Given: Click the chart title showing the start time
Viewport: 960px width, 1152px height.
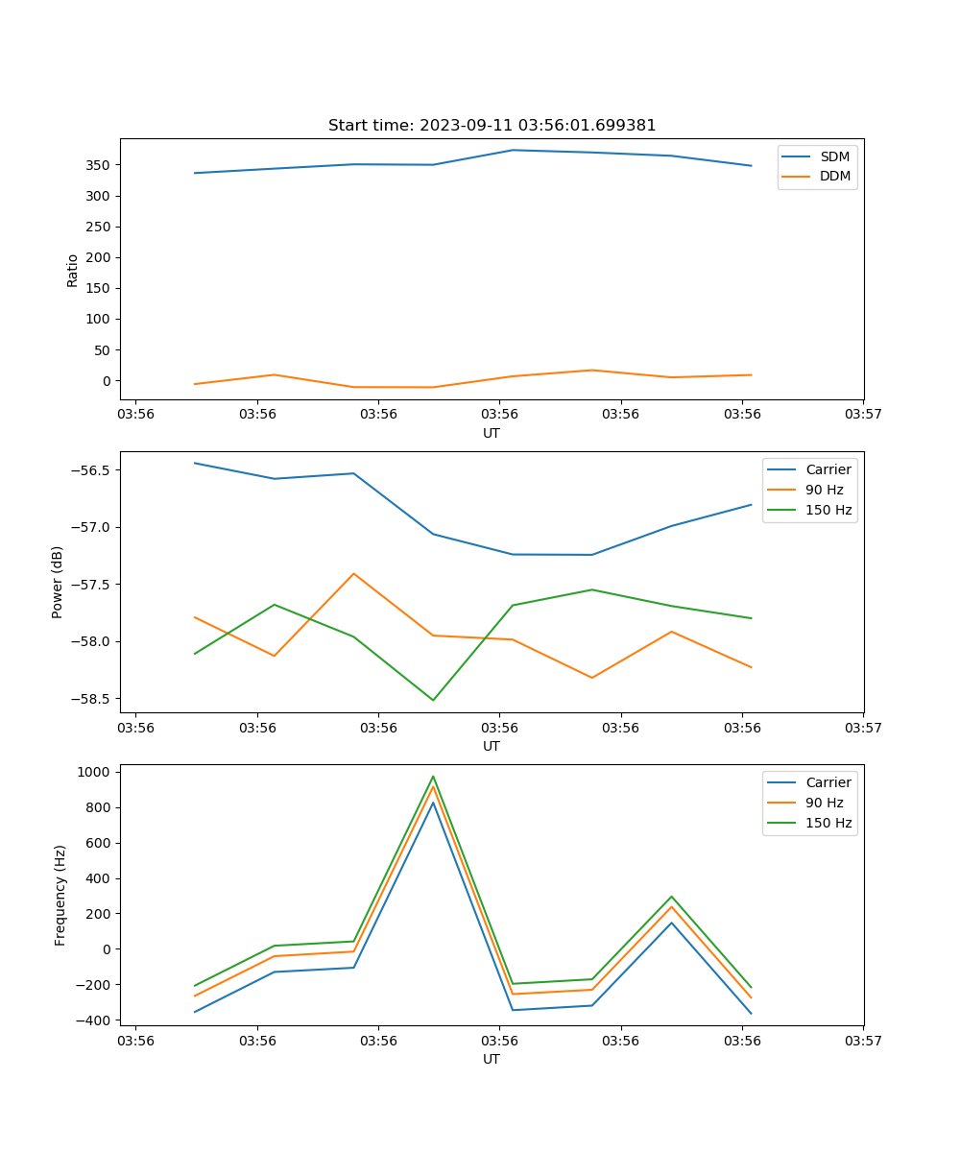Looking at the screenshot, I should [492, 126].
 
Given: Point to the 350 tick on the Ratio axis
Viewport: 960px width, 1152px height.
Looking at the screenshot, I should [99, 165].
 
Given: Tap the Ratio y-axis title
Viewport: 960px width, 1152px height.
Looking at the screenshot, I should [73, 270].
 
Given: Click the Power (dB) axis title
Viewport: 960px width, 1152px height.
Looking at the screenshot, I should [58, 582].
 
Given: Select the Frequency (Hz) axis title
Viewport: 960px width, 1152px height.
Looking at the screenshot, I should [60, 895].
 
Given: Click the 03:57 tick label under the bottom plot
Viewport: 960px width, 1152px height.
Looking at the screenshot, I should [863, 1041].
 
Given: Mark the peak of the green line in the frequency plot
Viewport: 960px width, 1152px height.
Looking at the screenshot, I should [433, 777].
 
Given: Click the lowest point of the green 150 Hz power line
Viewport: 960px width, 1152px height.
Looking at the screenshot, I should [433, 700].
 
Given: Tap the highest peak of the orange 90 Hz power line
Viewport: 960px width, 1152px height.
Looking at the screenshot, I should [353, 573].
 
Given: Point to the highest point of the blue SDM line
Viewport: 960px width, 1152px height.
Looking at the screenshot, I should [513, 150].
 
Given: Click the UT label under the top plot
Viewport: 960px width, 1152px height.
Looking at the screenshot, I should [492, 433].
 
